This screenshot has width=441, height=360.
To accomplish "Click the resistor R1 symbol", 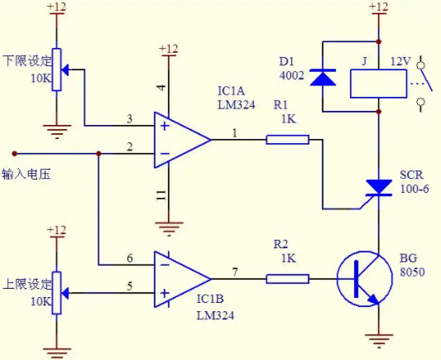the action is (287, 140).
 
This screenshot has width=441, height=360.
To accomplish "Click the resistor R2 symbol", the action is (287, 279).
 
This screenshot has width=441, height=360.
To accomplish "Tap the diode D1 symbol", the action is (323, 77).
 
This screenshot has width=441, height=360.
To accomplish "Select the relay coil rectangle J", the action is (379, 84).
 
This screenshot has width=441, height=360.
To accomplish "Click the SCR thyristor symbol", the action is (379, 188).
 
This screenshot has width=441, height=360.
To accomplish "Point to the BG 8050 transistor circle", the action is (365, 279).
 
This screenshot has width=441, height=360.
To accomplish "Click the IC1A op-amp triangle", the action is (182, 140).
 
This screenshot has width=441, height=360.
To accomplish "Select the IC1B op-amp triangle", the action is (182, 279).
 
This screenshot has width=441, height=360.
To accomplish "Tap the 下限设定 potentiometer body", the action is (56, 70).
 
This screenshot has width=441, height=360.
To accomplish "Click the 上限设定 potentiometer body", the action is (56, 293).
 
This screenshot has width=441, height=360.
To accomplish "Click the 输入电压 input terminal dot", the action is (14, 154).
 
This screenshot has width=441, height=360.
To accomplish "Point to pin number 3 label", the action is (129, 118).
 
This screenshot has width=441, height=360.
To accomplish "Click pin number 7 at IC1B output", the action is (235, 272).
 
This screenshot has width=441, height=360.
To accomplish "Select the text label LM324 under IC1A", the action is (237, 105).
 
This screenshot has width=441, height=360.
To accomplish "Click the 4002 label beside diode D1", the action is (292, 75).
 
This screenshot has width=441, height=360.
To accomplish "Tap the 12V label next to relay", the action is (400, 61).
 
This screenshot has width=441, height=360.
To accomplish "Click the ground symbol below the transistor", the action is (379, 341).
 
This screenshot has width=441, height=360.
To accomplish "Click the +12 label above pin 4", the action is (169, 49).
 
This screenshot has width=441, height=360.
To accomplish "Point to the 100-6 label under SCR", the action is (415, 189).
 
